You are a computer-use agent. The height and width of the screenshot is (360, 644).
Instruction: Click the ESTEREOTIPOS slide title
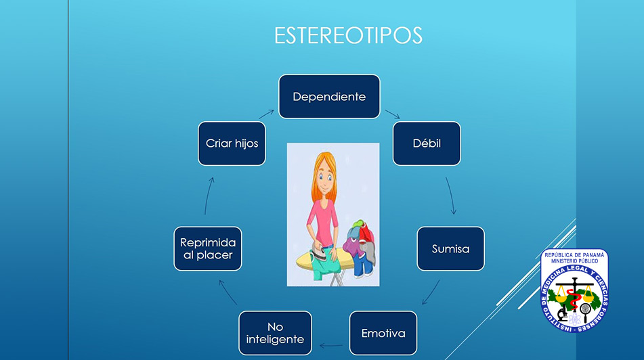pos(348,35)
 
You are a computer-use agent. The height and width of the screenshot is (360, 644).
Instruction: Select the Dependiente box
pos(329,97)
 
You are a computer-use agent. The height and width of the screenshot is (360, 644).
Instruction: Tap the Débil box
pos(427,143)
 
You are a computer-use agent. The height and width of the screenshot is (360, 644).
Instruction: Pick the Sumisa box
pos(450,249)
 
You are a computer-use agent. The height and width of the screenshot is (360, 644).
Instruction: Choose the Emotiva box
pos(383,333)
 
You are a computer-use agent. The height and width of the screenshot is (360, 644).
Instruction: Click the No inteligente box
pos(275,333)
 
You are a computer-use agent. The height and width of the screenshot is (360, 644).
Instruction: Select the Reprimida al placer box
pos(208,249)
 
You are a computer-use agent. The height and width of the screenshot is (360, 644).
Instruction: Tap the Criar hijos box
pos(232,143)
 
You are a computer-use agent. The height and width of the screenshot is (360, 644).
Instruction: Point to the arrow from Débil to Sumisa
pos(452,196)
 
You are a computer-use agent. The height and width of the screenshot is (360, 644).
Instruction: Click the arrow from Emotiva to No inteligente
pos(331,346)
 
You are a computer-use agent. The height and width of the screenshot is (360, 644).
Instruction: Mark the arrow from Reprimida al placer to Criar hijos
pos(208,196)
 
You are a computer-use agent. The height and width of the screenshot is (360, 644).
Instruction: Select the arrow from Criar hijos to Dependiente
pos(266,114)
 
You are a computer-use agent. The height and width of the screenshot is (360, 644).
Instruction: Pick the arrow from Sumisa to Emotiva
pos(431,292)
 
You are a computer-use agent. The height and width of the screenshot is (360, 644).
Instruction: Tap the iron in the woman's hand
pos(320,252)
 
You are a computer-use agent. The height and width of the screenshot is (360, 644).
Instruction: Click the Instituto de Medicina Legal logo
pos(574,290)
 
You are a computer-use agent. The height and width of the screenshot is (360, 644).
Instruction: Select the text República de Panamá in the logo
pos(574,255)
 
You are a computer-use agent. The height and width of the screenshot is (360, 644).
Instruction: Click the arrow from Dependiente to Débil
pos(392,114)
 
